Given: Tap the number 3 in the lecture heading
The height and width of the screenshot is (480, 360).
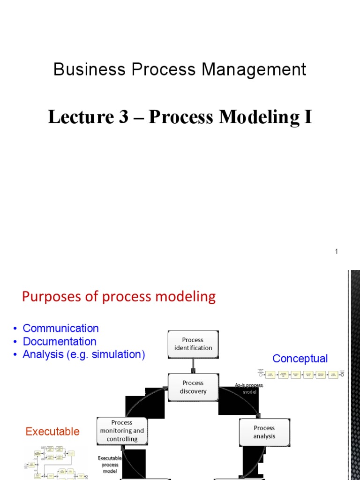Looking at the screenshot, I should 123,117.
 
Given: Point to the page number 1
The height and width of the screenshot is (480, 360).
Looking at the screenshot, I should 336,252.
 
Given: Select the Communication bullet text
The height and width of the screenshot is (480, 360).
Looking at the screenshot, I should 60,328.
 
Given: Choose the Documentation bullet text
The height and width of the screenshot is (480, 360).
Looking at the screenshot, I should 60,341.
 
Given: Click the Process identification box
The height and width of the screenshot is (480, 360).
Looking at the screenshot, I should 193,344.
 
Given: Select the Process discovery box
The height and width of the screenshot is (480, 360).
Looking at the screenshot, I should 193,387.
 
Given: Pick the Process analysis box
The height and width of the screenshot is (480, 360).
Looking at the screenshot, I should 264,432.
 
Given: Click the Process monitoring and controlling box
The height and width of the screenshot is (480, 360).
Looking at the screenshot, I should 122,431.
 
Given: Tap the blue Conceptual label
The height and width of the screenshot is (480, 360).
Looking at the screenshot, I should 300,359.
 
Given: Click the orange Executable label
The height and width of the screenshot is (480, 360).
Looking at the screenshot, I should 52,431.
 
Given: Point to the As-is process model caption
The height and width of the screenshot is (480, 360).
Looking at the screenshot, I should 249,388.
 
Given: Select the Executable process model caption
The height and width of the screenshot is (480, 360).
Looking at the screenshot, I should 110,464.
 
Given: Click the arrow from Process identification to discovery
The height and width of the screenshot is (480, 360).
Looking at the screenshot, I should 193,366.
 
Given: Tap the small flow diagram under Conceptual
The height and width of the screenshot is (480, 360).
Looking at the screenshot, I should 301,375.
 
